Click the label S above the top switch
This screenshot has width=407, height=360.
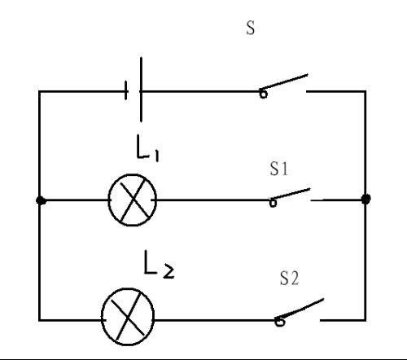tap(251, 28)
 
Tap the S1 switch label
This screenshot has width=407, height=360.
tap(279, 169)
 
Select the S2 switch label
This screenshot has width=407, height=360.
tap(289, 279)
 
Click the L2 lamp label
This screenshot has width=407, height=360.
tap(159, 264)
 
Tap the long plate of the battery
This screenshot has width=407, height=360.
tap(141, 89)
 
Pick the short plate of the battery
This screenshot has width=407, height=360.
tap(126, 90)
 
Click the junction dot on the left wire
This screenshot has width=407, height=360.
tap(41, 200)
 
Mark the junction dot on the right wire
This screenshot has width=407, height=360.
tap(366, 200)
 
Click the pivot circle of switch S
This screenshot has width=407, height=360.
tap(263, 94)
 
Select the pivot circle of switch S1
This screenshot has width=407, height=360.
tap(273, 203)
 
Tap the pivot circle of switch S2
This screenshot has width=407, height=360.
tap(279, 322)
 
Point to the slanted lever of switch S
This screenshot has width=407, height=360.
tap(284, 81)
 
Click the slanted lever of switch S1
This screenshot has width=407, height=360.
tap(290, 194)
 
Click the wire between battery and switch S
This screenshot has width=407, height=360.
tap(200, 91)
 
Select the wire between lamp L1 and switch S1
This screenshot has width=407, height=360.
tap(213, 200)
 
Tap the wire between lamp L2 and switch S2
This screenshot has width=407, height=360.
tap(215, 320)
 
